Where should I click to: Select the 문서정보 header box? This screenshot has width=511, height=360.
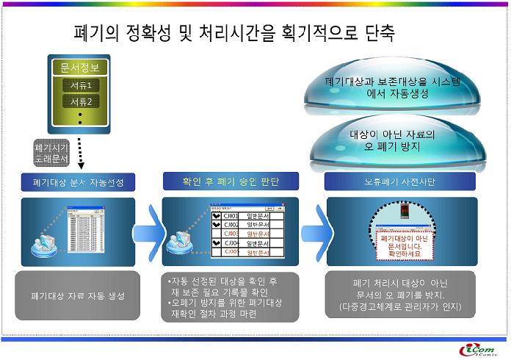(x=79, y=68)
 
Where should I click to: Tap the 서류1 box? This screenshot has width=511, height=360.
(x=80, y=86)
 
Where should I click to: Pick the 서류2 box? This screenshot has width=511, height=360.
(x=80, y=102)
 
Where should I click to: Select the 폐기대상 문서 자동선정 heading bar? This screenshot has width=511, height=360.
(x=77, y=181)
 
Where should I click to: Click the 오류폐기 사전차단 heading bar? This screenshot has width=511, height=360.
(x=399, y=181)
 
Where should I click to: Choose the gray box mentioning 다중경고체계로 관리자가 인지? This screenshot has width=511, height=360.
(x=401, y=295)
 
